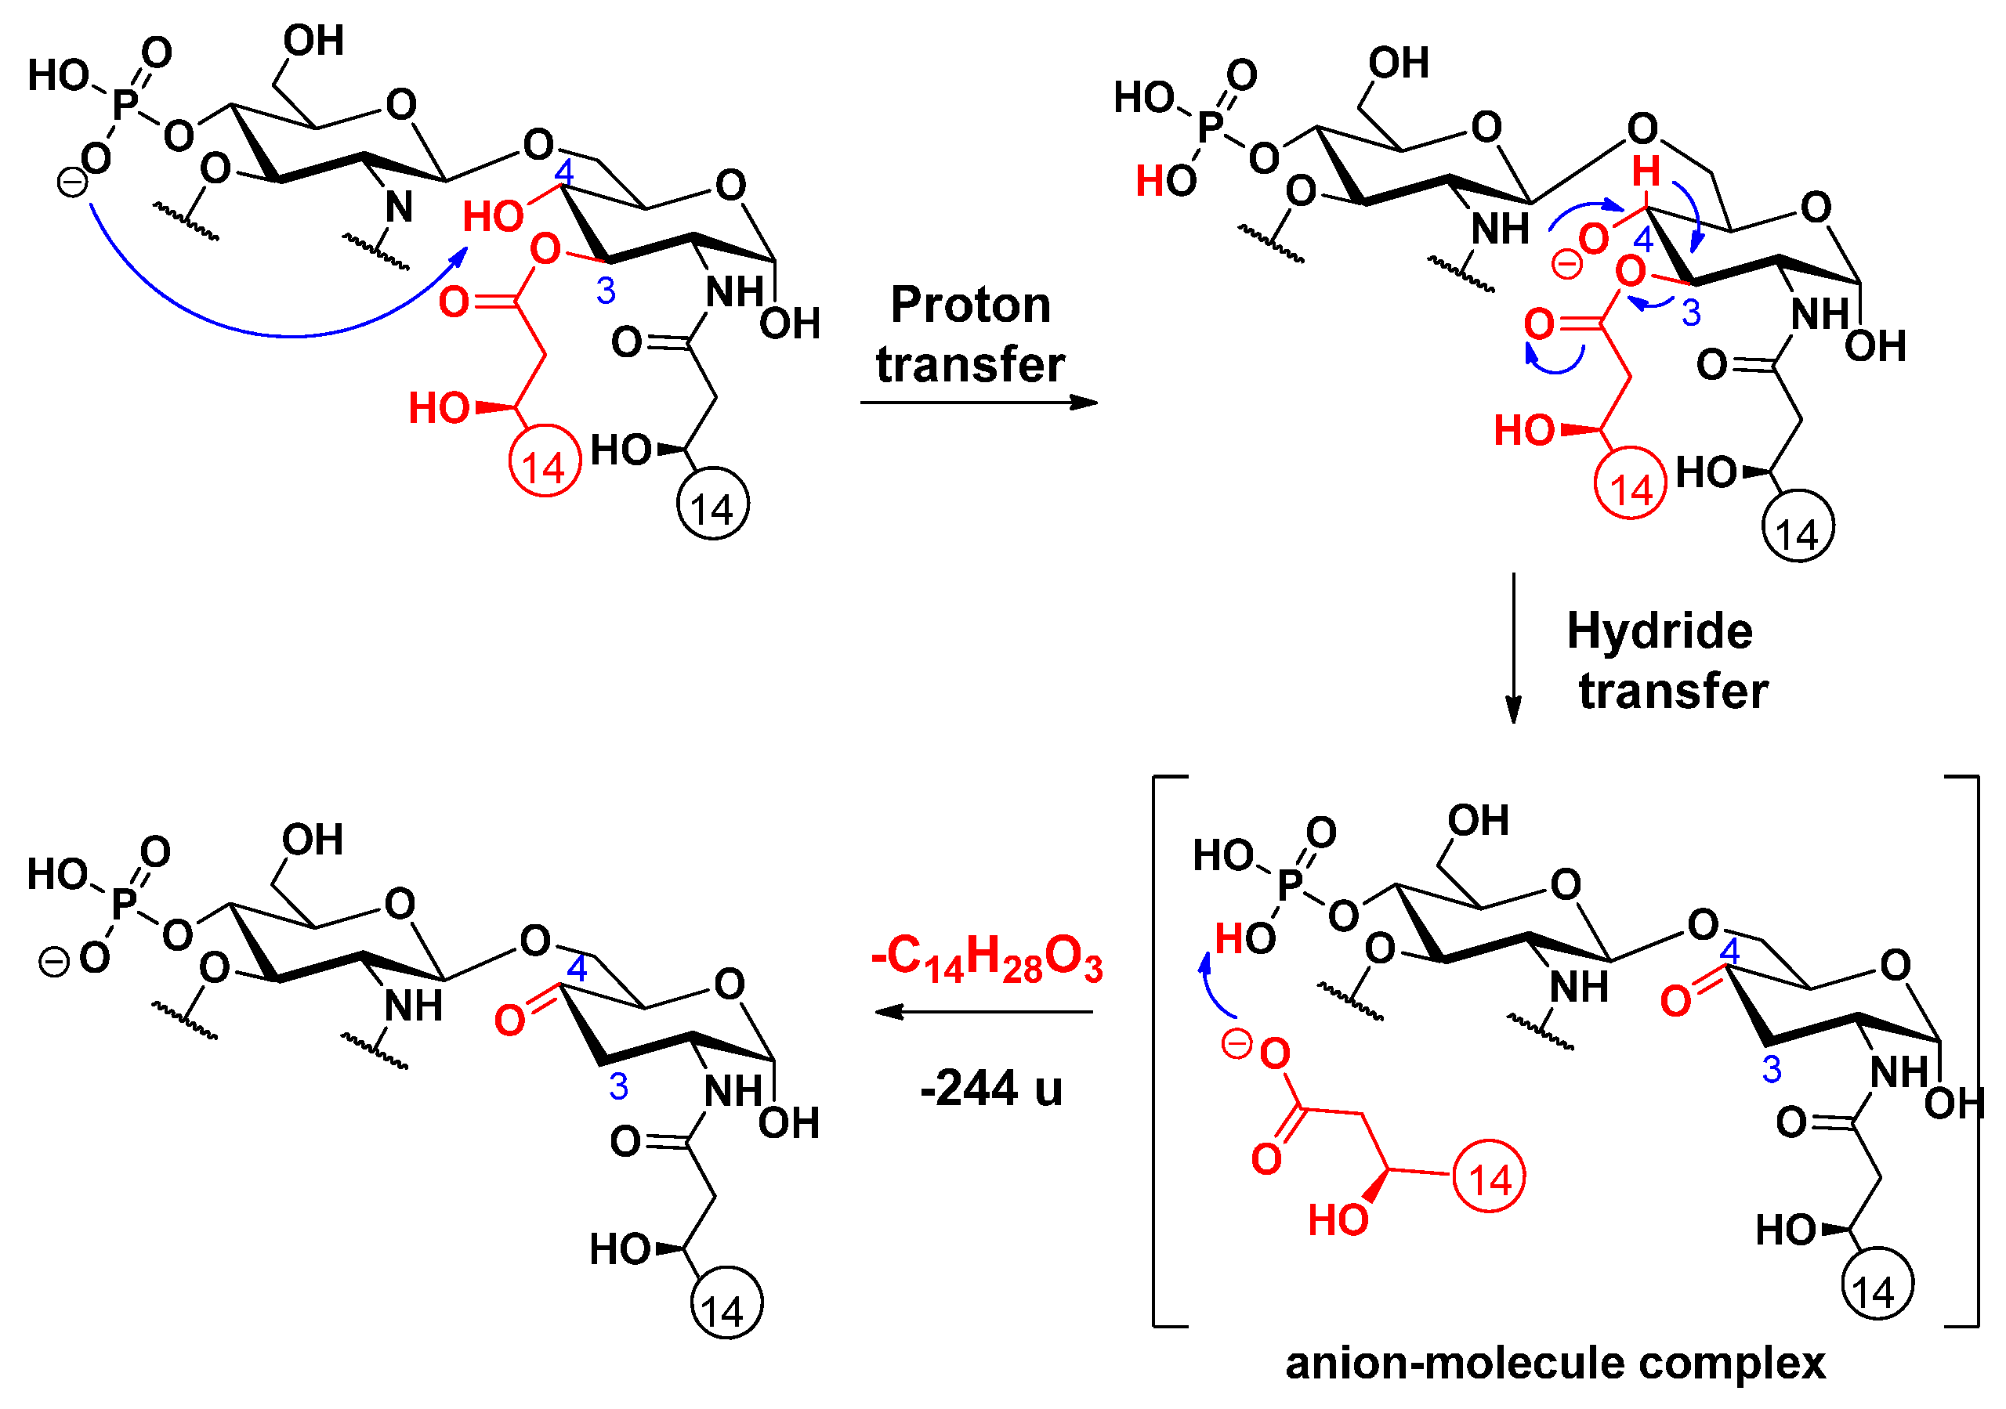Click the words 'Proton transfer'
coord(970,334)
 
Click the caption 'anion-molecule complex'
coord(1555,1363)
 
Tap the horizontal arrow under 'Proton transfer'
coord(979,403)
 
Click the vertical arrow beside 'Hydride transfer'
coord(1513,647)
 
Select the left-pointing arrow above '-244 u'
coord(983,1012)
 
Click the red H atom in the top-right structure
coord(1646,172)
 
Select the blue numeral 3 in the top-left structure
coord(606,290)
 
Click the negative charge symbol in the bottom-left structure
coord(54,963)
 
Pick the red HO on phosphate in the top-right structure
coord(1165,181)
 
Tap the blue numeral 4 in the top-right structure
coord(1643,240)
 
